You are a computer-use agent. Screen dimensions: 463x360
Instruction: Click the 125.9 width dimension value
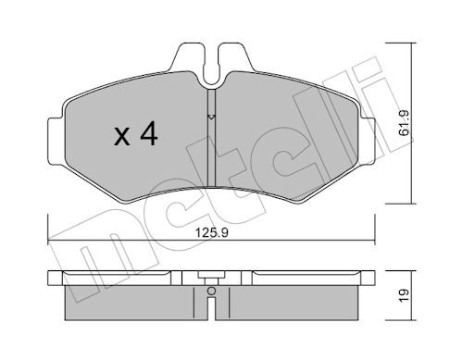[x=212, y=232]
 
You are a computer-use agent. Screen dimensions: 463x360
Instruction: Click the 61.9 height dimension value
[x=404, y=123]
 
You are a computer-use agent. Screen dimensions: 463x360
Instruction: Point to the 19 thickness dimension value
[x=404, y=295]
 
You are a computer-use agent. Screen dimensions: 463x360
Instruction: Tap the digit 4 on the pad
[x=149, y=133]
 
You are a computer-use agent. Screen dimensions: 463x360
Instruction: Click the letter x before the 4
[x=122, y=137]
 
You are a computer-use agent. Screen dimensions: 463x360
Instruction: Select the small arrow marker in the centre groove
[x=211, y=117]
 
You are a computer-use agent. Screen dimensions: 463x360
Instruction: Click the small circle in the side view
[x=211, y=291]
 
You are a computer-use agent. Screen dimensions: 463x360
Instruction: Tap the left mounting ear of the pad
[x=56, y=141]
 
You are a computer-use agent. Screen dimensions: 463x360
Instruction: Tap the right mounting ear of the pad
[x=367, y=141]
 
